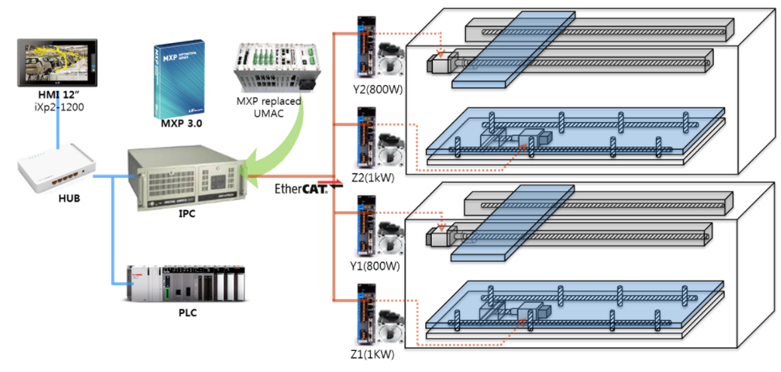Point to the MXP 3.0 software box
178,76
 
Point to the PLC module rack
185,285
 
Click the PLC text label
185,313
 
